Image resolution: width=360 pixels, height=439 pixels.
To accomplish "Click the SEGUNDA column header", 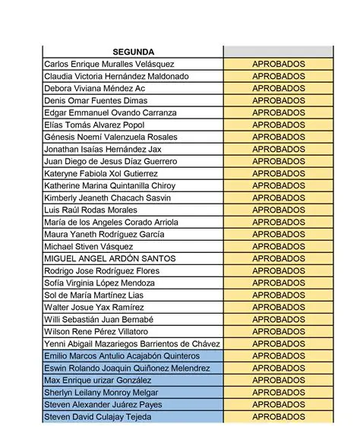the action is coord(133,52).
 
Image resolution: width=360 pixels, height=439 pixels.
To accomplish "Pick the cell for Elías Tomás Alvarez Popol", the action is coord(94,125).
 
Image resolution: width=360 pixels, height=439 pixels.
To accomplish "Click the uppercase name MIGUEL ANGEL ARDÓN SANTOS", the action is coord(110,259).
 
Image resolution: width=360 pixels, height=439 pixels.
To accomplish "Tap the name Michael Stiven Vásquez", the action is coord(89,247).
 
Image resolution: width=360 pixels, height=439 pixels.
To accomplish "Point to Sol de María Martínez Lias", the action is coord(94,295).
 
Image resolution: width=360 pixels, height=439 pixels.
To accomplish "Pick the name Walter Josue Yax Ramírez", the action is coord(94,308).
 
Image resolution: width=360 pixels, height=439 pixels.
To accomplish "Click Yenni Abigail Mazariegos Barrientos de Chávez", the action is coord(132,344).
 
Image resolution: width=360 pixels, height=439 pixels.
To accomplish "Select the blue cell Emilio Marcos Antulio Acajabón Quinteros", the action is coord(122,356).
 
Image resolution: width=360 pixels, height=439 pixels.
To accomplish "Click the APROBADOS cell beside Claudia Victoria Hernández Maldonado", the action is coord(278,77).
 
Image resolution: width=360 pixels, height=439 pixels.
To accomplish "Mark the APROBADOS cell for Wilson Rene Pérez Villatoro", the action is coord(278,332).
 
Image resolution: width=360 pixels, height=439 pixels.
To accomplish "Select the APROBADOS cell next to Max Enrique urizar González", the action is coord(278,381).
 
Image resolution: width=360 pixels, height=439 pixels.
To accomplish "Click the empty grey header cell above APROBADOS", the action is coord(278,52).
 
